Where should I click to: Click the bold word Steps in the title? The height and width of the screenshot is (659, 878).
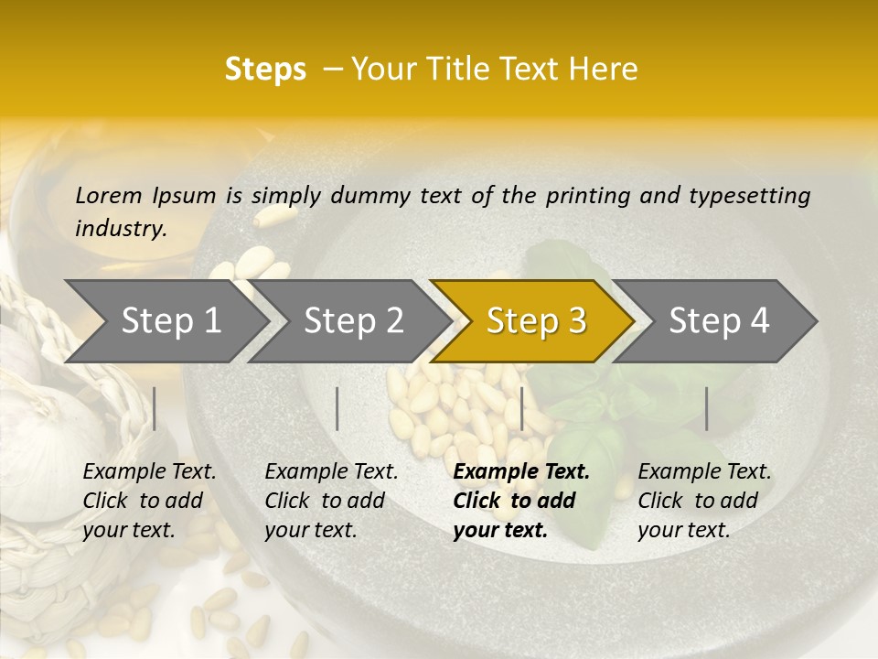pyautogui.click(x=265, y=70)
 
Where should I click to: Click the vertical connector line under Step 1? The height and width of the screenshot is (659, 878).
pyautogui.click(x=155, y=408)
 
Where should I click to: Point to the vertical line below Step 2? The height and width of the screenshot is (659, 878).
pyautogui.click(x=337, y=408)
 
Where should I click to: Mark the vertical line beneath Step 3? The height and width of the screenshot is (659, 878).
pyautogui.click(x=521, y=408)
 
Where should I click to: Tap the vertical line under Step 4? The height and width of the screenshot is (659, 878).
pyautogui.click(x=706, y=408)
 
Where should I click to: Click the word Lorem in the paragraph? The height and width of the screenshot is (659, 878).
pyautogui.click(x=109, y=195)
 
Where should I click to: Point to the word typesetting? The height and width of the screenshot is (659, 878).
pyautogui.click(x=749, y=196)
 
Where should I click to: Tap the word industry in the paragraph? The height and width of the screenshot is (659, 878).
pyautogui.click(x=120, y=229)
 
